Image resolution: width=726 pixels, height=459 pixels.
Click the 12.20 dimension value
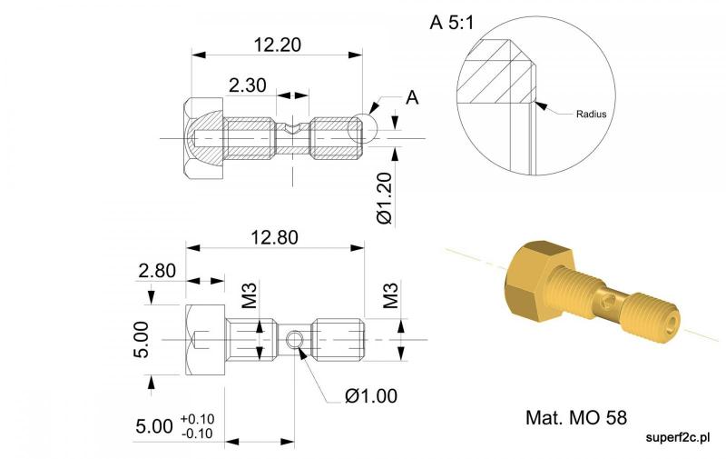coord(278,45)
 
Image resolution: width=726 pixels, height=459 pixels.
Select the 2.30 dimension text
coord(248,85)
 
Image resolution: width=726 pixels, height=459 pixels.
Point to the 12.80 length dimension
coord(275,237)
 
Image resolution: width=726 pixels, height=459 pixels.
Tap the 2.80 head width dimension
coord(157,271)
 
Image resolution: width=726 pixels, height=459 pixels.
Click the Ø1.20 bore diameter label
coord(385,198)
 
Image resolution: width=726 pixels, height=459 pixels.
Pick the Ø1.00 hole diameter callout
coord(371,396)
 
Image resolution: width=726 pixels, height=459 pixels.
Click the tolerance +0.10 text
coord(198,419)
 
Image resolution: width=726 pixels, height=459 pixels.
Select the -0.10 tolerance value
coord(198,434)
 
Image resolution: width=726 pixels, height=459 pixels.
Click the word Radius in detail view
coord(592,114)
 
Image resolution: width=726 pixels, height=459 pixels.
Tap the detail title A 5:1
coord(452,22)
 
